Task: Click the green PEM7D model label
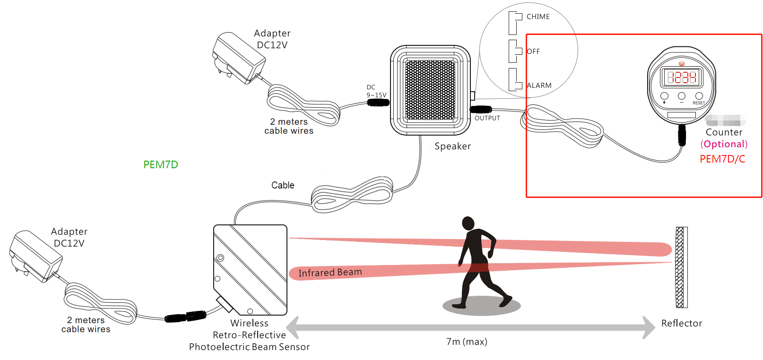pos(161,164)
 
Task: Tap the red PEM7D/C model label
pos(722,159)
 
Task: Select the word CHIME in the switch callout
pos(538,17)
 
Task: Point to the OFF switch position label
pos(533,51)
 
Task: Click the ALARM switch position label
pos(539,86)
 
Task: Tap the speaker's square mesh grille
pos(430,89)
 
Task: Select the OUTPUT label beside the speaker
pos(487,118)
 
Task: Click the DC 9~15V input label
pos(376,91)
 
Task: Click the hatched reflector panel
pos(681,267)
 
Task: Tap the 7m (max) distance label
pos(467,342)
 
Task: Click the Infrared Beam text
pos(330,273)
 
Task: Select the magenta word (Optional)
pos(724,144)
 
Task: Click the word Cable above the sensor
pos(283,185)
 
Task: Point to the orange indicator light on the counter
pos(681,63)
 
